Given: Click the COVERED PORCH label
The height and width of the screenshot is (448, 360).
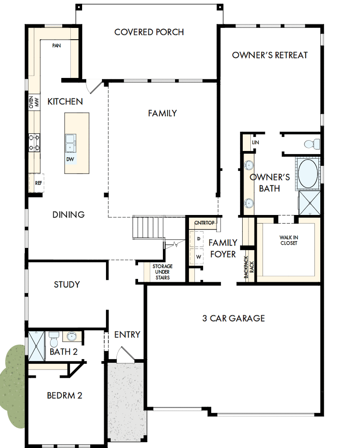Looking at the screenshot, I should click(x=149, y=32).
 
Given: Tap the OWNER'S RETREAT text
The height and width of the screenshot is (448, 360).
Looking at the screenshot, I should click(x=270, y=55).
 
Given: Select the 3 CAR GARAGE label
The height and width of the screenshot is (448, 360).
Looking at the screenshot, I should click(x=233, y=318).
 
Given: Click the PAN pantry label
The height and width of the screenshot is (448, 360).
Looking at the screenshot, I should click(x=56, y=46).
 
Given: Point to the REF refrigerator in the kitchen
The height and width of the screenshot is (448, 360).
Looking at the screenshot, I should click(x=38, y=183).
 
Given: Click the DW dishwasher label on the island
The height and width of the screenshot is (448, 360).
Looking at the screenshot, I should click(x=70, y=159).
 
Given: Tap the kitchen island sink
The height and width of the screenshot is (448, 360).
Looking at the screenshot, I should click(x=70, y=143).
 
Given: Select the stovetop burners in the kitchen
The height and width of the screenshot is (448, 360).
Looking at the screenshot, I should click(x=35, y=142).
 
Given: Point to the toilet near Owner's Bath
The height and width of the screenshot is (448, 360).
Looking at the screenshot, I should click(x=311, y=144).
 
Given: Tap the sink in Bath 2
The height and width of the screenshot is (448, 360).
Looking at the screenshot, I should click(x=71, y=336).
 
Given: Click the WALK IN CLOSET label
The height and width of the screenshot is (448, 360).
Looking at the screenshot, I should click(x=288, y=240).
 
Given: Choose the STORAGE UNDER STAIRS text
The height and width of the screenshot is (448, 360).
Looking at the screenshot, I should click(x=162, y=272).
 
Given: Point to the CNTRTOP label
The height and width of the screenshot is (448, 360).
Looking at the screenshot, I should click(x=204, y=223).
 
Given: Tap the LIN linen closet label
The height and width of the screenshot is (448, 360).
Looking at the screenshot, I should click(x=256, y=142).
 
